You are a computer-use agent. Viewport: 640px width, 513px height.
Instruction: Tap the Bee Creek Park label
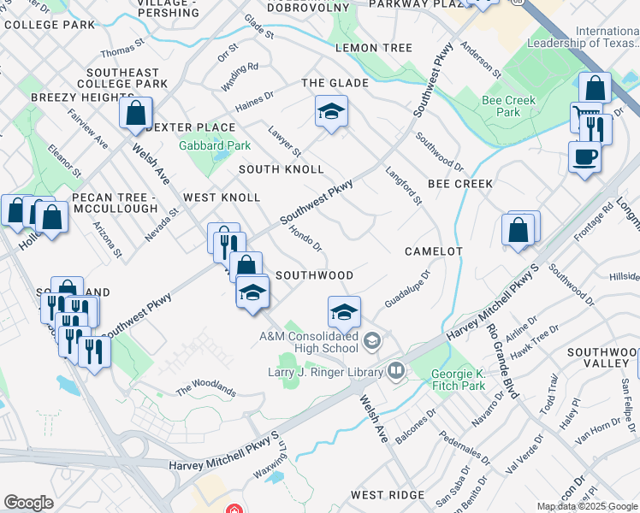click(508, 106)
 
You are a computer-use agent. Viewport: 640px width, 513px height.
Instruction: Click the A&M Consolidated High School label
click(309, 342)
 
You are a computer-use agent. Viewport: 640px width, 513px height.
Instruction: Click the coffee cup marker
click(584, 157)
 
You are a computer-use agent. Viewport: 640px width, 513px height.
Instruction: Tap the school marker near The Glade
click(331, 111)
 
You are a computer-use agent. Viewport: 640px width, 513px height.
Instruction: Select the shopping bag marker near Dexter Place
click(136, 113)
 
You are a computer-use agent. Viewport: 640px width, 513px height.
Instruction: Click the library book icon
click(395, 370)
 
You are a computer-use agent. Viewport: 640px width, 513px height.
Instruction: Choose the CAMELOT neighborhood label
click(434, 251)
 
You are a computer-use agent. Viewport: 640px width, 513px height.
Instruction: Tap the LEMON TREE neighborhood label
click(374, 48)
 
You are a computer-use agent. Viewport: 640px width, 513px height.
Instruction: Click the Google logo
click(29, 503)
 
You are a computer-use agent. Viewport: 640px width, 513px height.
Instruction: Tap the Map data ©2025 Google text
click(588, 506)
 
